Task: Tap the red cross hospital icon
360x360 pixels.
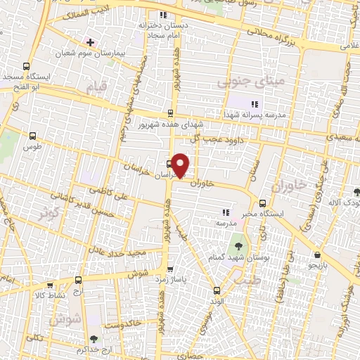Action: tap(90, 41)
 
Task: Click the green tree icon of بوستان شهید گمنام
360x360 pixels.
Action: tap(239, 246)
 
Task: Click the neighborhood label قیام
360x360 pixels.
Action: tap(94, 89)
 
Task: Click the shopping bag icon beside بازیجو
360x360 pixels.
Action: tap(319, 255)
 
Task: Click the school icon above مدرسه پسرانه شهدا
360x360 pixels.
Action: tap(255, 104)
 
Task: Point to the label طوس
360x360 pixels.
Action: tap(31, 147)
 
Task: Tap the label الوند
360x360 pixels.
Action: tap(217, 300)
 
